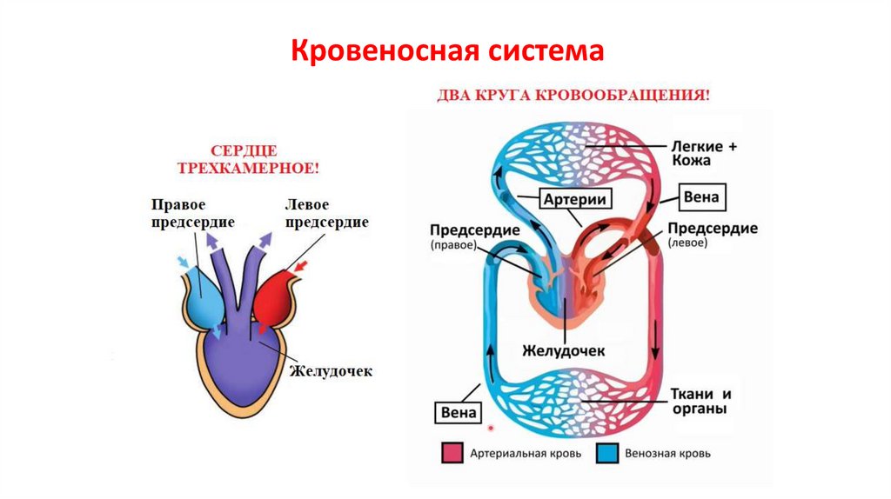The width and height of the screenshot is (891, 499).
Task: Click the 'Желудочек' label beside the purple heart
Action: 332,370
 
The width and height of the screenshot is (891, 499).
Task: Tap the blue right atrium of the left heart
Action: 202,296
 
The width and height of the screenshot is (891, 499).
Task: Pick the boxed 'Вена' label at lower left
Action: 458,411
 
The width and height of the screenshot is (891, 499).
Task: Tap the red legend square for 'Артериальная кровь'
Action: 452,453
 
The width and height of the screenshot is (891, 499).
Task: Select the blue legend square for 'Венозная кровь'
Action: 606,453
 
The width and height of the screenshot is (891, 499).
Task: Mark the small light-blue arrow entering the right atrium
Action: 183,262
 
